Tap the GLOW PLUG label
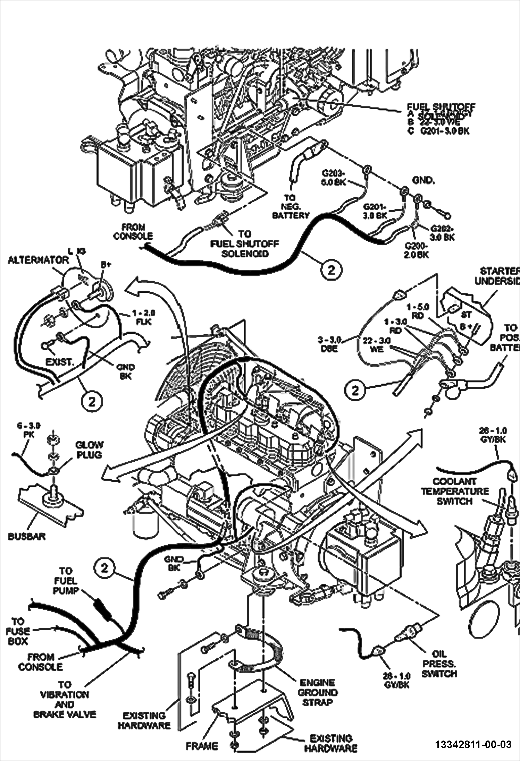(89, 450)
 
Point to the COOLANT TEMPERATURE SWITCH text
(455, 491)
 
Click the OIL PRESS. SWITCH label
(439, 664)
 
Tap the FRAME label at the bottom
(202, 746)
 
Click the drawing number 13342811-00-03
(473, 744)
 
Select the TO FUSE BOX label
(18, 631)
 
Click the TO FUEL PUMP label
(66, 581)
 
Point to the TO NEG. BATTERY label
(290, 207)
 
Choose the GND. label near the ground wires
(423, 180)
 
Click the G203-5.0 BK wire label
(334, 177)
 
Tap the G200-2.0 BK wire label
(417, 250)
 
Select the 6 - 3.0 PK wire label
(29, 430)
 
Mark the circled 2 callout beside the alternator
(92, 402)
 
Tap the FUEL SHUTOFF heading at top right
(441, 106)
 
